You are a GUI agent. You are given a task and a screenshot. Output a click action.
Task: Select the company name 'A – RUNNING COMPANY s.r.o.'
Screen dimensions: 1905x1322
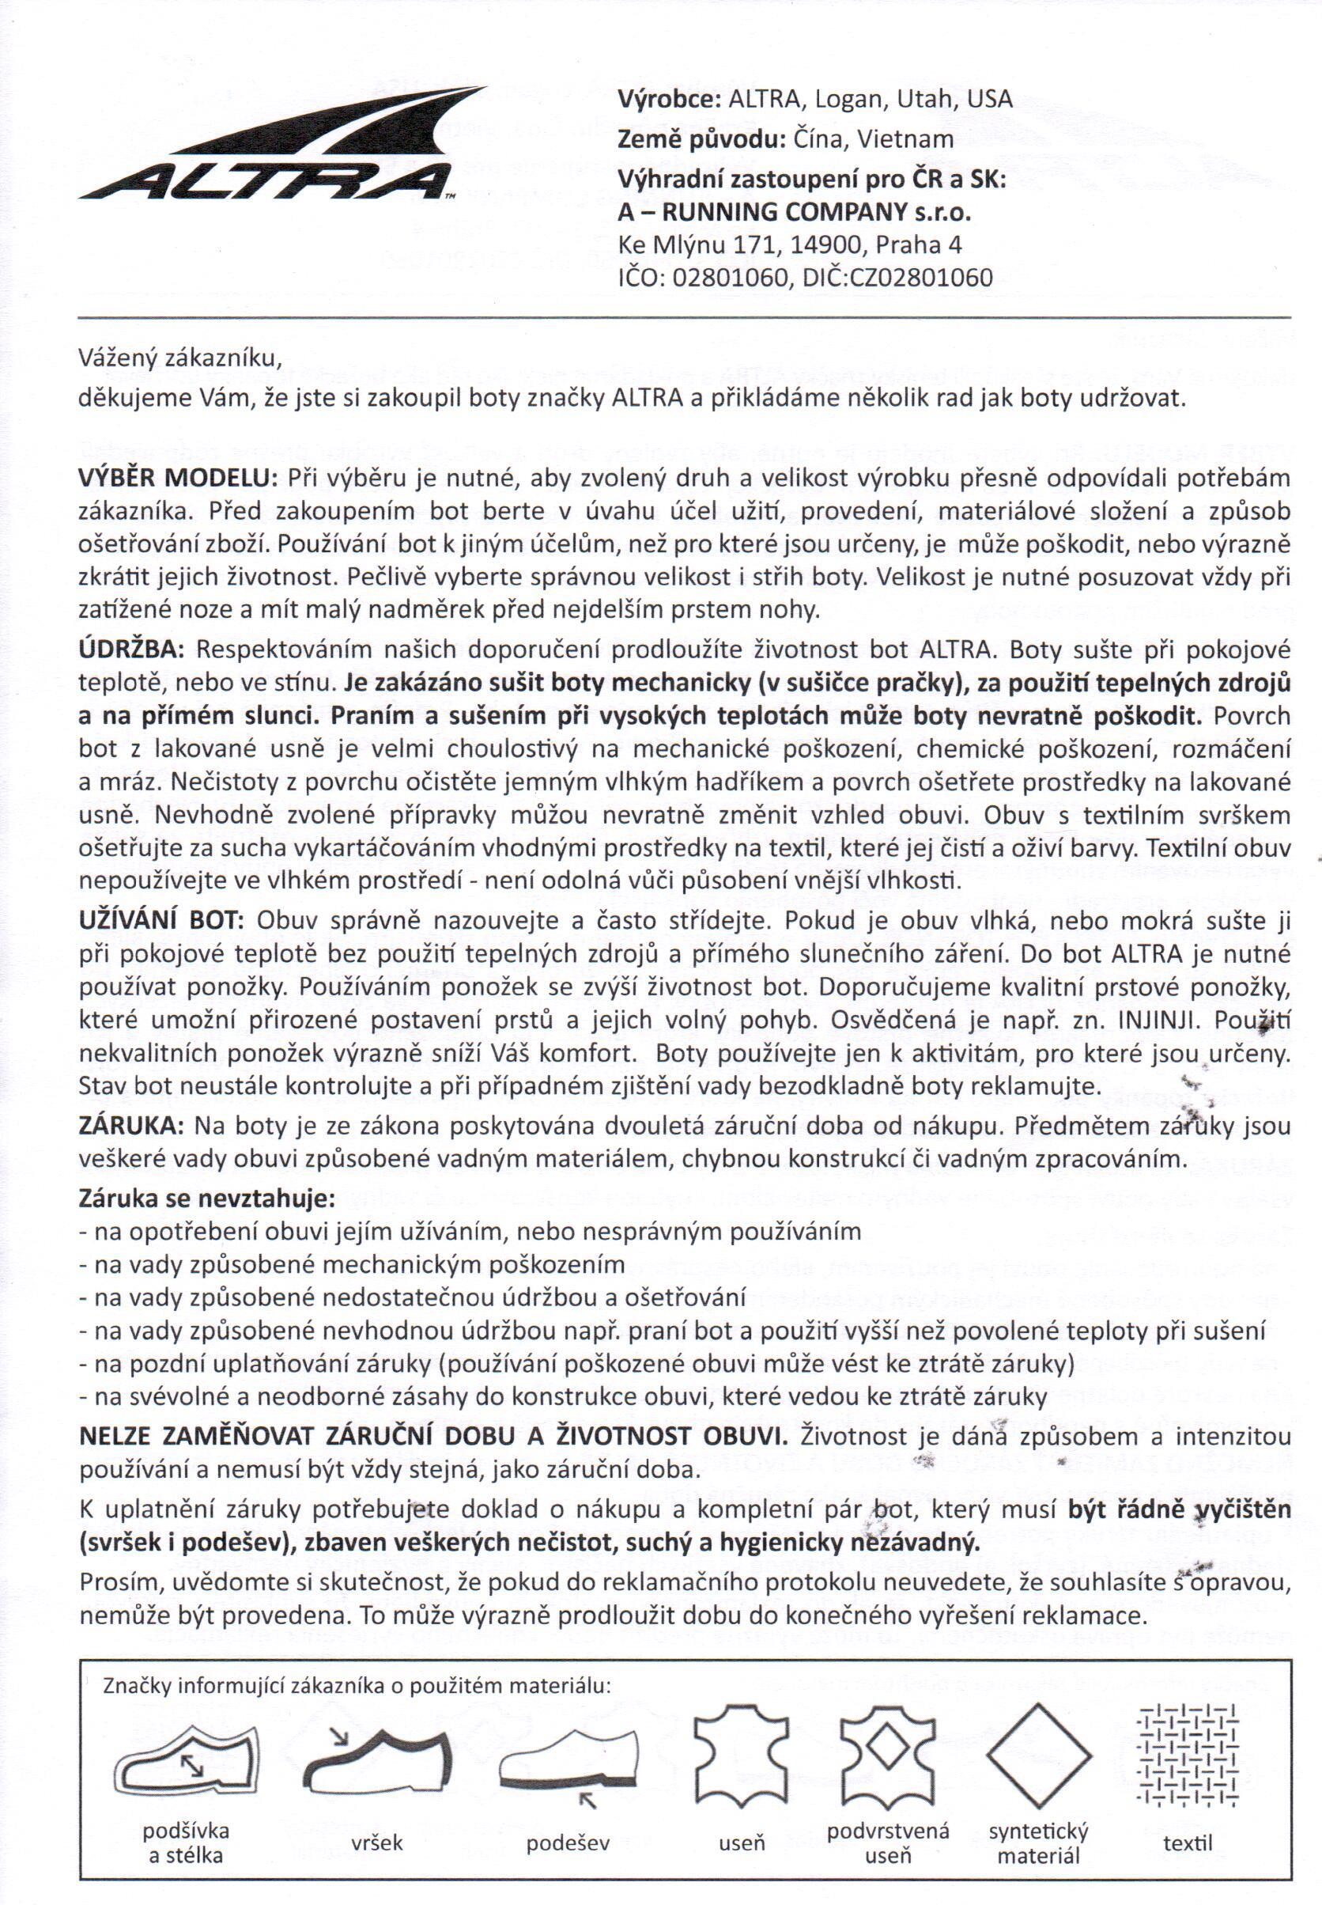point(795,213)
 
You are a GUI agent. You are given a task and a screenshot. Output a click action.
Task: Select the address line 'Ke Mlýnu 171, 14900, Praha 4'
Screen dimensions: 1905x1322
point(790,245)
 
